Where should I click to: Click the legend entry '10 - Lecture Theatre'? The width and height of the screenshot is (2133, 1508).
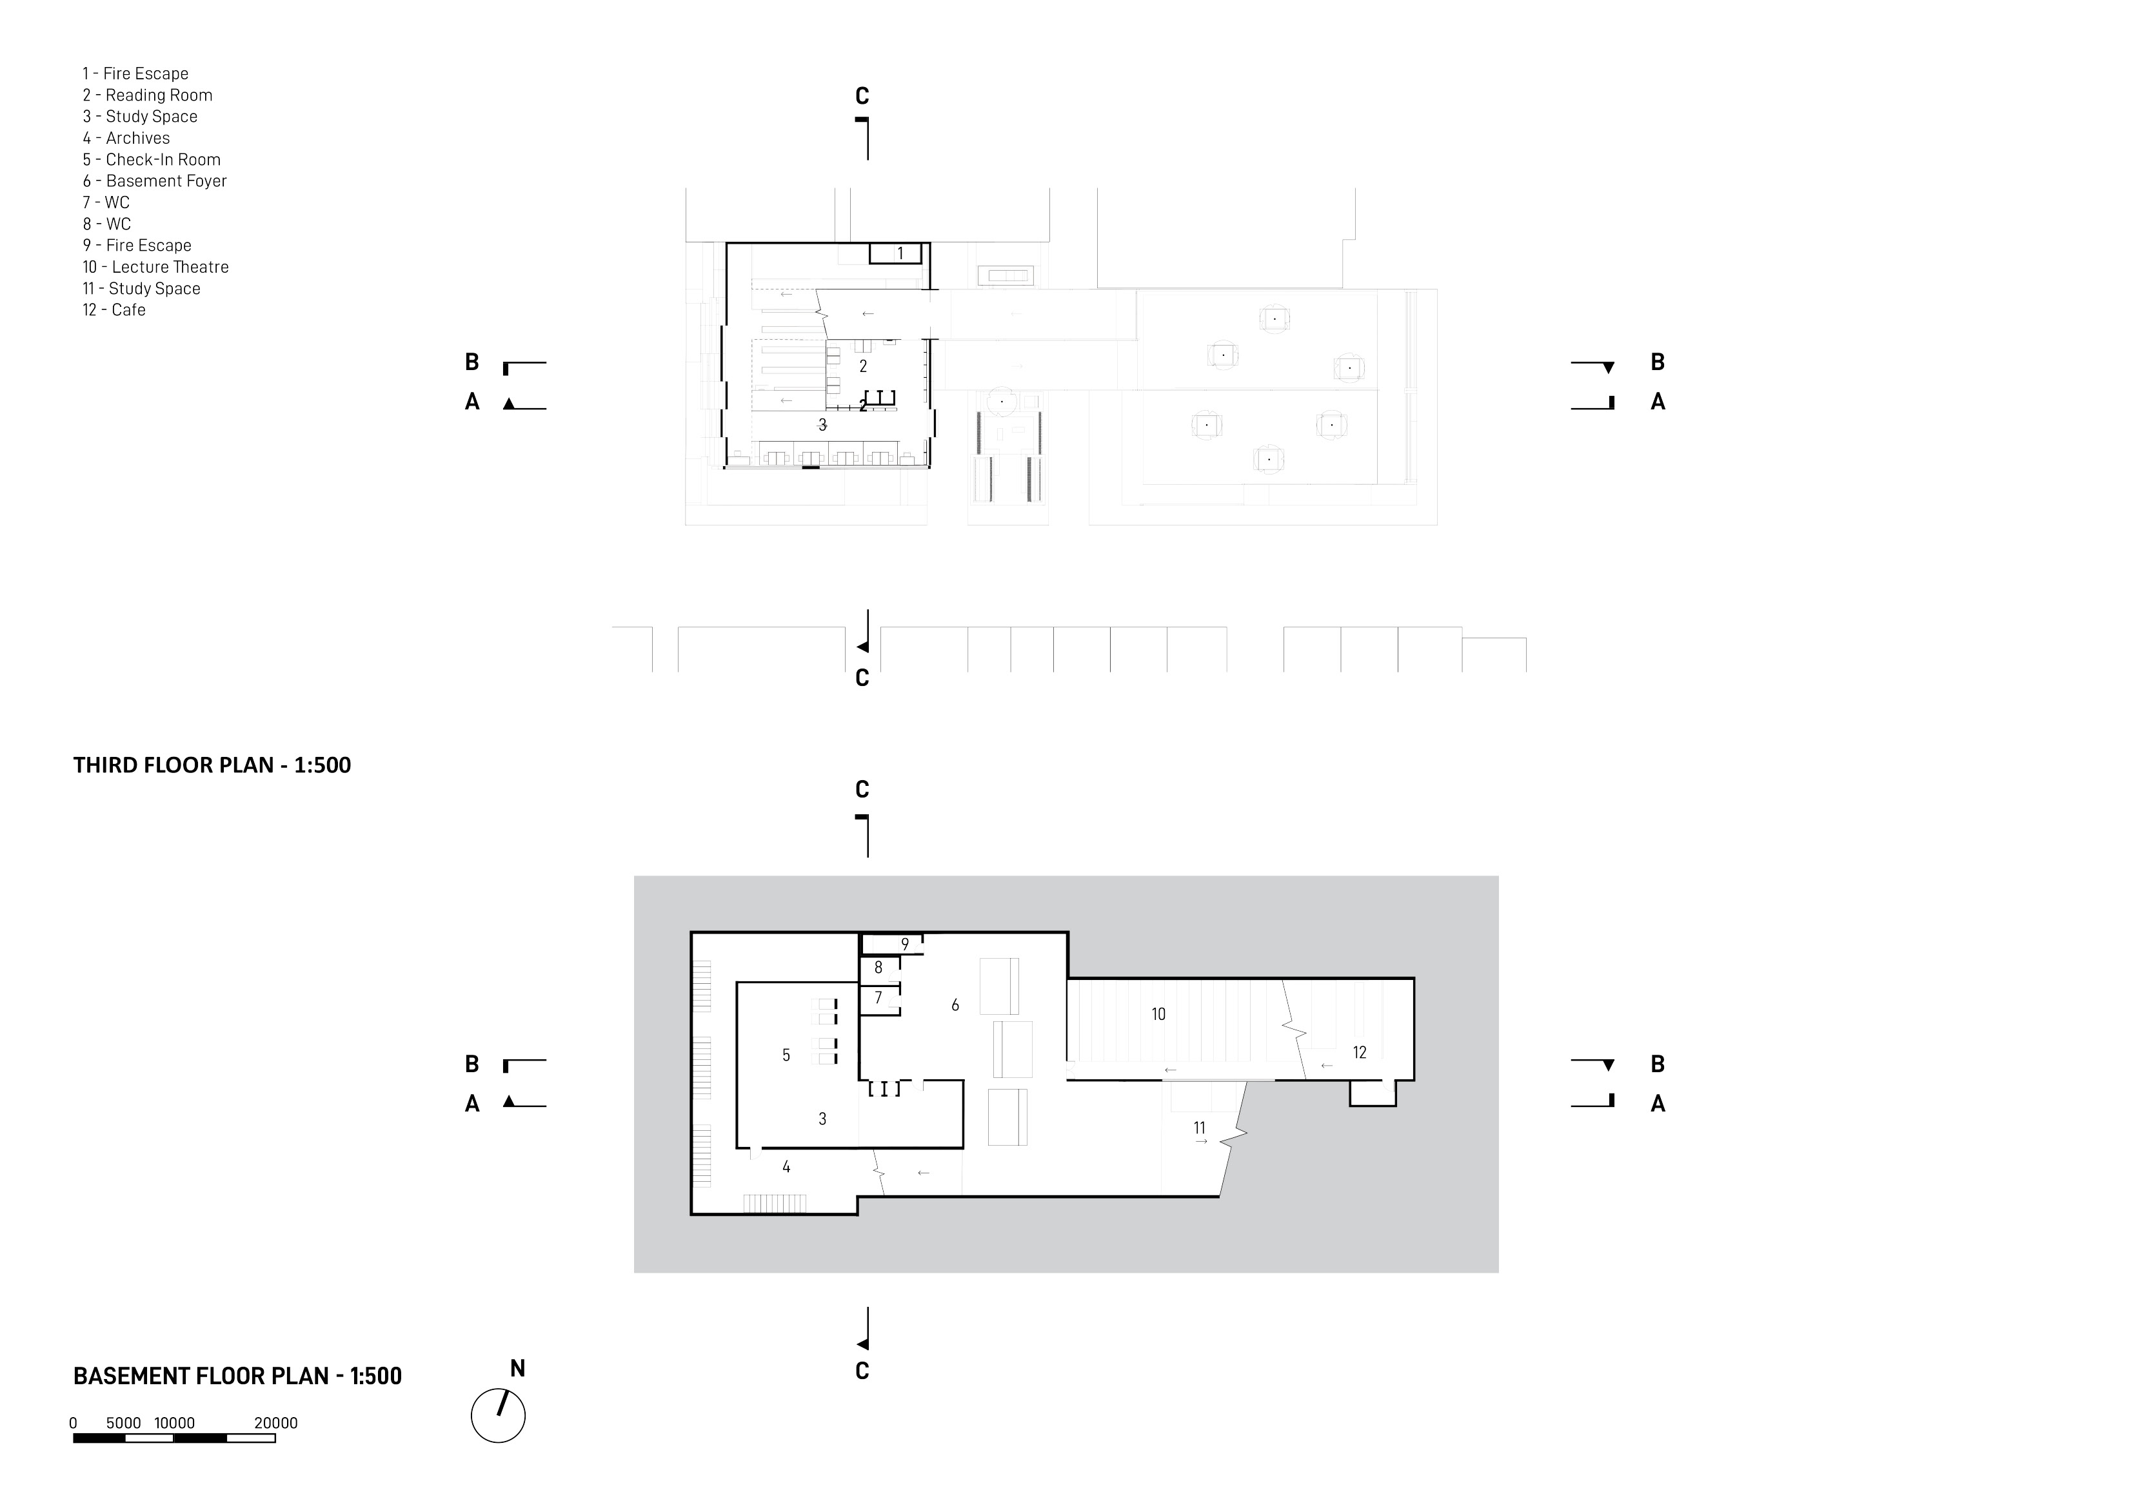click(x=155, y=268)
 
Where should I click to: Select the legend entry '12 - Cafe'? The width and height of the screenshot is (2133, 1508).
click(x=114, y=310)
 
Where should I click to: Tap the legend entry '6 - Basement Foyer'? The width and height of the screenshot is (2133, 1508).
click(x=154, y=181)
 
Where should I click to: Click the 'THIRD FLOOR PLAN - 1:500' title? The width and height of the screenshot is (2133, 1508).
click(x=212, y=765)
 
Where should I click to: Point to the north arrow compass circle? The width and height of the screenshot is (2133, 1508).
click(x=498, y=1416)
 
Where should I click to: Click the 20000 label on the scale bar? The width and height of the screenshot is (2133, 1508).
click(x=276, y=1422)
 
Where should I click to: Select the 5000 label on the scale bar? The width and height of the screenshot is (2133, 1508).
click(x=124, y=1422)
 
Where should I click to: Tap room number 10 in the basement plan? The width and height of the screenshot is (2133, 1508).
click(x=1158, y=1014)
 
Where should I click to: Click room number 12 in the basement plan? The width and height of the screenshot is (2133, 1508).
click(x=1359, y=1052)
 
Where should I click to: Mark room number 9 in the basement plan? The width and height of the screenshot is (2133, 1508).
click(x=905, y=945)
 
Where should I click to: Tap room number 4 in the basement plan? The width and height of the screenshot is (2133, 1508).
click(x=786, y=1167)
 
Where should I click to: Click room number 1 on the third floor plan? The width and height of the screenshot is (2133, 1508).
click(x=899, y=253)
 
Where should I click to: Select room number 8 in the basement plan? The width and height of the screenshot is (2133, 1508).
click(x=878, y=968)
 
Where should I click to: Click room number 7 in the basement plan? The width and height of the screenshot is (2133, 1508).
click(x=878, y=998)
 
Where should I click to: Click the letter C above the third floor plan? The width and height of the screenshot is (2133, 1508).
click(x=862, y=97)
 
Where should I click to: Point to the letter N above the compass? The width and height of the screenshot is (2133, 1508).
click(x=517, y=1368)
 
